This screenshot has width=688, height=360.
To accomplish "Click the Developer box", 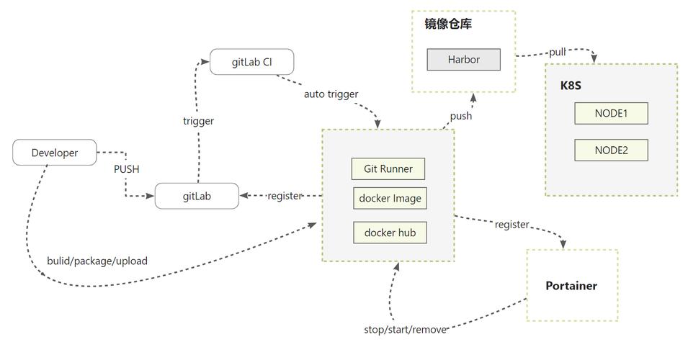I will [x=55, y=153].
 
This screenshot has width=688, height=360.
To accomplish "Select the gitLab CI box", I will [x=252, y=62].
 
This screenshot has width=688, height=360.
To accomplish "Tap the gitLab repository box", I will [x=197, y=196].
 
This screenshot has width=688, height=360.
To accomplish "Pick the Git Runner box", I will [x=388, y=168].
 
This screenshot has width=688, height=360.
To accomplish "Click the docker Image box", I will [x=390, y=198].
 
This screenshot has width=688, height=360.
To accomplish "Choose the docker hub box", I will [x=390, y=233].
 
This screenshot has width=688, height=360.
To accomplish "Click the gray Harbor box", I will [x=463, y=59].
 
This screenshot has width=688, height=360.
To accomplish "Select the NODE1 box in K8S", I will [x=611, y=113].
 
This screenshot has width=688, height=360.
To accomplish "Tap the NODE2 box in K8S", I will [x=611, y=150].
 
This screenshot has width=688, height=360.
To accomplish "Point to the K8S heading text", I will [x=571, y=85].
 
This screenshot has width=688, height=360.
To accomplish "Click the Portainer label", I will [x=571, y=286].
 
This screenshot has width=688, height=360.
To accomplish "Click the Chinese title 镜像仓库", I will [x=448, y=24].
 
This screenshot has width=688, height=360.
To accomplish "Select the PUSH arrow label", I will [x=126, y=169].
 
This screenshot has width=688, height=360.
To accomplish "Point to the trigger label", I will [x=198, y=121].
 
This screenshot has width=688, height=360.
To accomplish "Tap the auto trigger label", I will [x=331, y=94].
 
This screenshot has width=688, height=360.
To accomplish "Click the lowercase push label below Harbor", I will [x=461, y=116].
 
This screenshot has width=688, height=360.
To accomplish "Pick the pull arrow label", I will [x=558, y=52].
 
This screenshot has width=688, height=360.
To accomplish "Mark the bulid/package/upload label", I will [x=97, y=261].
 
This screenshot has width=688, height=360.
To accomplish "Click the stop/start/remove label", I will [x=405, y=330].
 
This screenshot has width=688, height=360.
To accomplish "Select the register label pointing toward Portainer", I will [x=511, y=225].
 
